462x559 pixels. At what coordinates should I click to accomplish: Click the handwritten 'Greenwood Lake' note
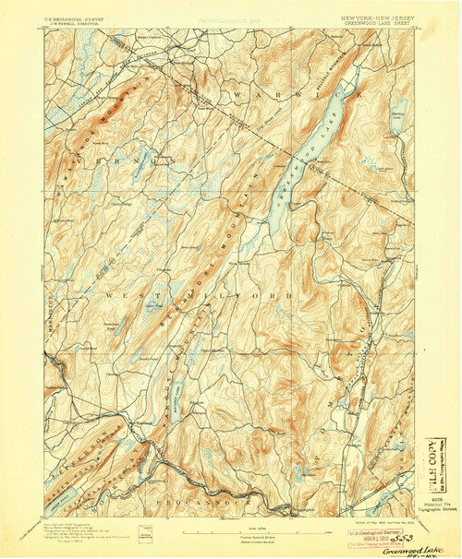tap(369, 542)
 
